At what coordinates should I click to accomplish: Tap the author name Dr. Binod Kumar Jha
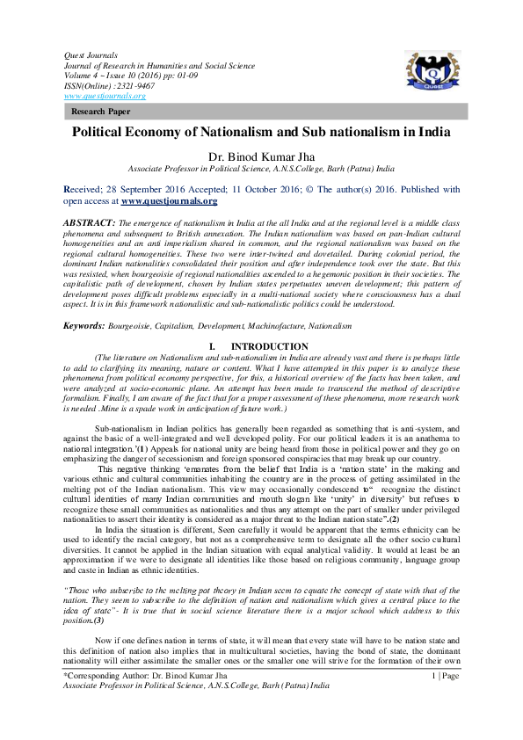(261, 156)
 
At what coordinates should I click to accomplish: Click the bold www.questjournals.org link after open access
(169, 200)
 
